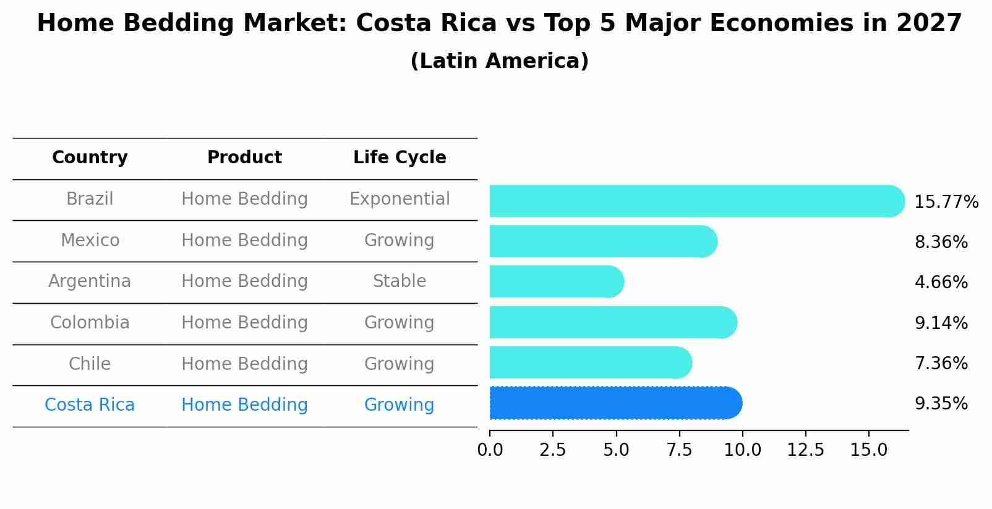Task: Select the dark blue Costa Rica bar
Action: (615, 403)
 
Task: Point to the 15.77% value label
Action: (946, 202)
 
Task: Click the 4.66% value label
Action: (941, 283)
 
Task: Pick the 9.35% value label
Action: (941, 404)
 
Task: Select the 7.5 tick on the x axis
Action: (679, 450)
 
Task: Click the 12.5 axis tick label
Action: (805, 450)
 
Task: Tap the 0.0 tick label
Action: (490, 450)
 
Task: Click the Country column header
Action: (90, 158)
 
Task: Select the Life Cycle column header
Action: (400, 158)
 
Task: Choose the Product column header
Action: (244, 158)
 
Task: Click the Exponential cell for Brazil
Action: (400, 199)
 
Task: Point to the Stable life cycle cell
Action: (400, 281)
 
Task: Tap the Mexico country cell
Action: (90, 241)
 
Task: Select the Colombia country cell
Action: (90, 323)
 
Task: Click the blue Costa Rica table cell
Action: (90, 405)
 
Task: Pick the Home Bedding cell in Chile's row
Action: (244, 364)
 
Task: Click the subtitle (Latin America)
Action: (499, 61)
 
